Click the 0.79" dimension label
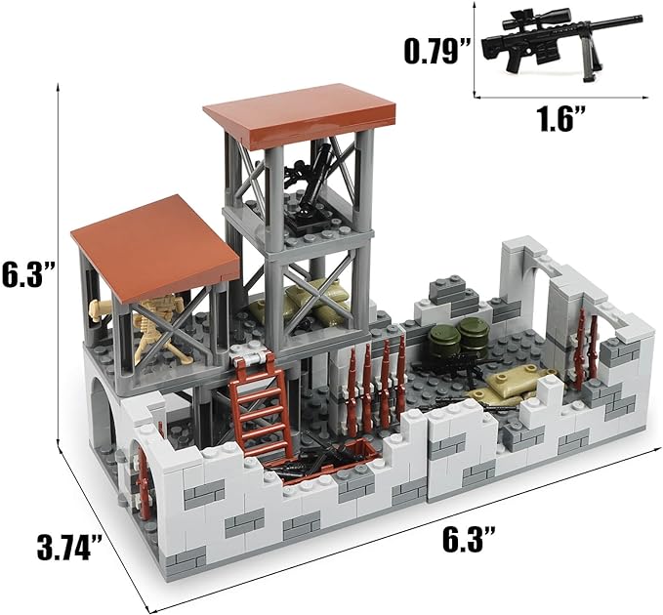437,51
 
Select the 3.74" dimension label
69,548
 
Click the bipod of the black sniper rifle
588,63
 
